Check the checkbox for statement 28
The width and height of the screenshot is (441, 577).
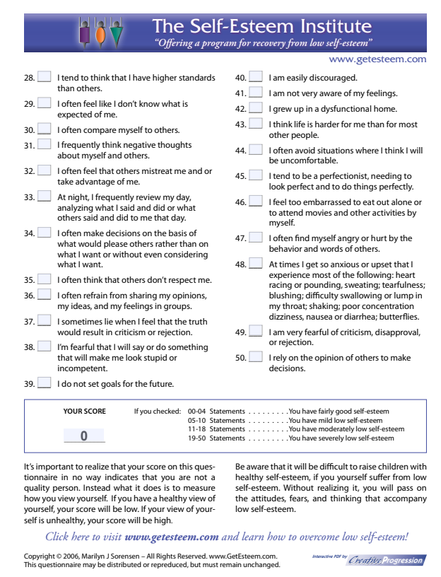(x=44, y=77)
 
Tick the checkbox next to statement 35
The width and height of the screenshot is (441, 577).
(x=44, y=279)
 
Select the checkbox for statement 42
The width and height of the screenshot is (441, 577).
(x=256, y=109)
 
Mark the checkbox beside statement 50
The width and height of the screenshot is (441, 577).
(x=256, y=358)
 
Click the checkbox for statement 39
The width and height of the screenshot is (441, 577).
(x=44, y=384)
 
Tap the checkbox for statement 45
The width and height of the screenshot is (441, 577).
(x=256, y=175)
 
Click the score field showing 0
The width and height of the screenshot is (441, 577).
(x=83, y=435)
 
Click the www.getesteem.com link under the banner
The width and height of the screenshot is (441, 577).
(x=377, y=59)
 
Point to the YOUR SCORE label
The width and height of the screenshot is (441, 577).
(x=85, y=411)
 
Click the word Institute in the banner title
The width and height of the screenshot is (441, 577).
(x=331, y=27)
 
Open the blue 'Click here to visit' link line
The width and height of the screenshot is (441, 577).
(x=226, y=536)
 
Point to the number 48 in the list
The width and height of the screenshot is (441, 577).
(x=240, y=264)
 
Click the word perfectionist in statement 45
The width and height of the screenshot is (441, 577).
(x=330, y=176)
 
